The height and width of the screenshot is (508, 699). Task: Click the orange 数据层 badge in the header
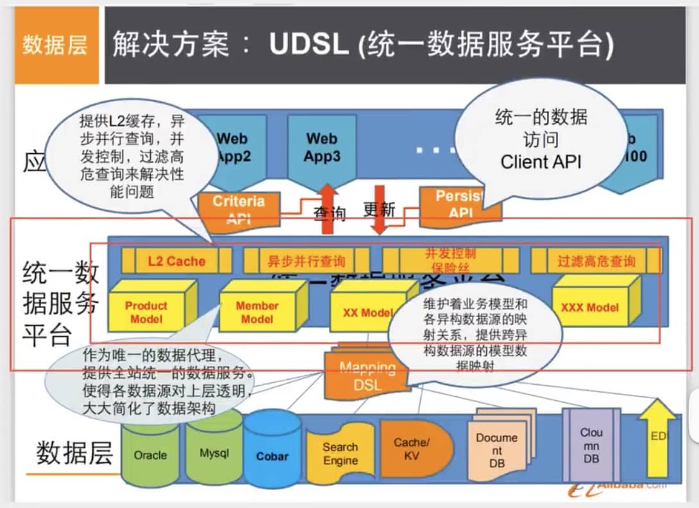pos(55,46)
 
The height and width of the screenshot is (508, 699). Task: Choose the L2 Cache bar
pos(176,261)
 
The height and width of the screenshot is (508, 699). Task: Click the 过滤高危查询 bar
pos(596,261)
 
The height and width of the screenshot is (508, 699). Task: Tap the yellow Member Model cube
pos(257,312)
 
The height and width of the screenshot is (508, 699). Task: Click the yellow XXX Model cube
pos(589,307)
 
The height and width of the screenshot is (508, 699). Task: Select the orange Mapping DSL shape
pos(366,378)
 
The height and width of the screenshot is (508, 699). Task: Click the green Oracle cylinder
pos(150,454)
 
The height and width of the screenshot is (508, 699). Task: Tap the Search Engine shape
pos(340,453)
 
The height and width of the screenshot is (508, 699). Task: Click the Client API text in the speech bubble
pos(541,161)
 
